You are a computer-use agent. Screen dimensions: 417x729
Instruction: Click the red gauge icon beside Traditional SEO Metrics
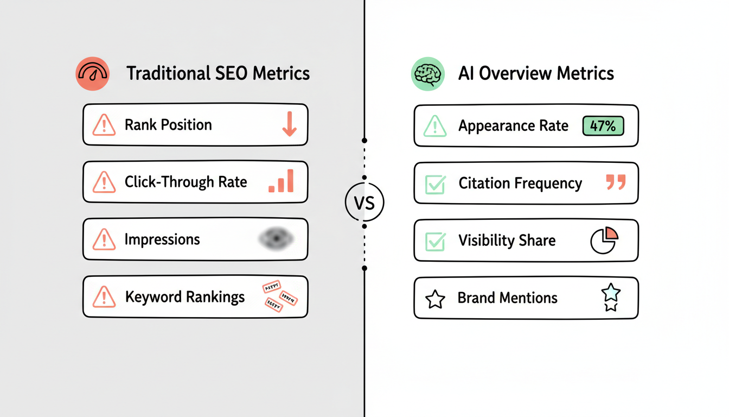pos(93,74)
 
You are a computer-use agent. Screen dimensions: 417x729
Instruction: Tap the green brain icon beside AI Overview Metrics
pos(427,74)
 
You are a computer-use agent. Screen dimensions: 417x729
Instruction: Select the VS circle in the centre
pos(364,203)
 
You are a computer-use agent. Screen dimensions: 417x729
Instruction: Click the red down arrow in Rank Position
pos(289,124)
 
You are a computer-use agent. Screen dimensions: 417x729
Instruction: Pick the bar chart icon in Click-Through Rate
pos(281,181)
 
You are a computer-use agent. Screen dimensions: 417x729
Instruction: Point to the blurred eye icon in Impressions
pos(276,239)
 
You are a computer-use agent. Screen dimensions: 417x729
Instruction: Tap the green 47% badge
pos(603,126)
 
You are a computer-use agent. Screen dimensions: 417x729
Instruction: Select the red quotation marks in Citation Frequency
pos(616,182)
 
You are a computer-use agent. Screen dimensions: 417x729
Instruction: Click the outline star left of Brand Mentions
pos(435,299)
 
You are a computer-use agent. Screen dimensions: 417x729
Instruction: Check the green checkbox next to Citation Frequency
pos(435,184)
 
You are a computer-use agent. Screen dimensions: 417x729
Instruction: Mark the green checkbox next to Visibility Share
pos(435,241)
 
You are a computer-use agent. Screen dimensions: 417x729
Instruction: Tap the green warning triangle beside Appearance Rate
pos(435,127)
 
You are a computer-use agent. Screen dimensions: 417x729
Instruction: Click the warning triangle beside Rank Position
pos(104,125)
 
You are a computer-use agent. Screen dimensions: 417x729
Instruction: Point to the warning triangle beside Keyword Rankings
pos(104,297)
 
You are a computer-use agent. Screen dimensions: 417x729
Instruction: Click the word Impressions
pos(162,239)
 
